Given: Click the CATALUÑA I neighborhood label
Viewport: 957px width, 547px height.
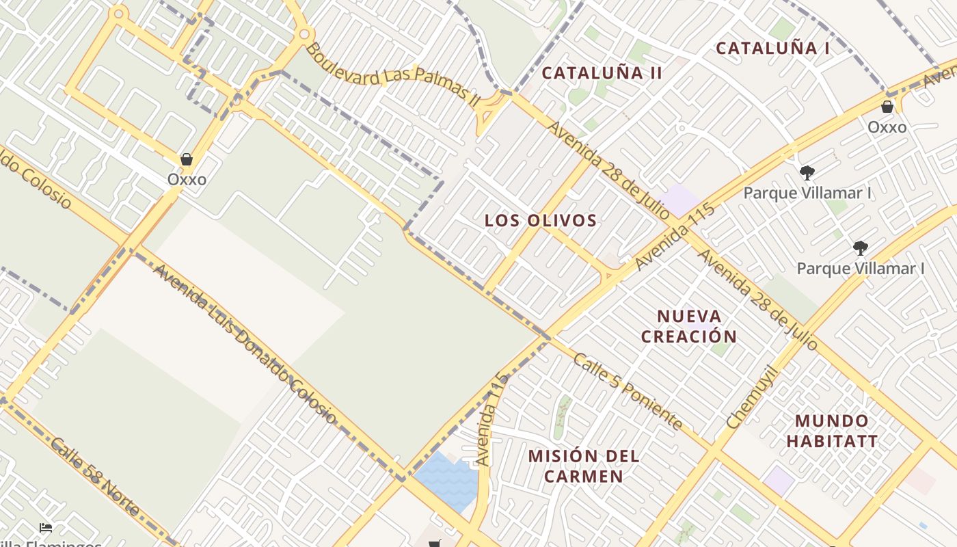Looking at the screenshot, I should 772,49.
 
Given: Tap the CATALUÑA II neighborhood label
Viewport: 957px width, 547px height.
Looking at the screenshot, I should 602,73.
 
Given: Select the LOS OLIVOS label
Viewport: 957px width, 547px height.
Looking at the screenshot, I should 541,220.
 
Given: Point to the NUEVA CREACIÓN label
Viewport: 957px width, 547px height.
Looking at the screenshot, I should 689,326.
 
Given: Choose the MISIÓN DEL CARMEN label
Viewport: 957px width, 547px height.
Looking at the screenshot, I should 584,466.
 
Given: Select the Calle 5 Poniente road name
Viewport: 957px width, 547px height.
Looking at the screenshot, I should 628,390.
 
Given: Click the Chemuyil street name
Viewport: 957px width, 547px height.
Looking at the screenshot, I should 752,398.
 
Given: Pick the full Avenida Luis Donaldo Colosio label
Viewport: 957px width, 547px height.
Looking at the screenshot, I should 244,344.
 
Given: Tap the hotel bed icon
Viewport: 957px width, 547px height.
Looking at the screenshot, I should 46,528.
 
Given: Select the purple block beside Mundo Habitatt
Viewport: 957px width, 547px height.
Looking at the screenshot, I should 779,481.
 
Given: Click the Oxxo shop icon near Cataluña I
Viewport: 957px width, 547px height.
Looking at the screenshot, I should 887,107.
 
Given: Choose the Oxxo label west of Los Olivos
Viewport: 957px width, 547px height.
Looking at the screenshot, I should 187,179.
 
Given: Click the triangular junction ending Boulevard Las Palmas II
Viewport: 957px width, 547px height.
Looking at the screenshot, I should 491,113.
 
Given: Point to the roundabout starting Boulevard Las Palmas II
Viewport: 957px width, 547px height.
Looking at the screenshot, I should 305,33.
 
